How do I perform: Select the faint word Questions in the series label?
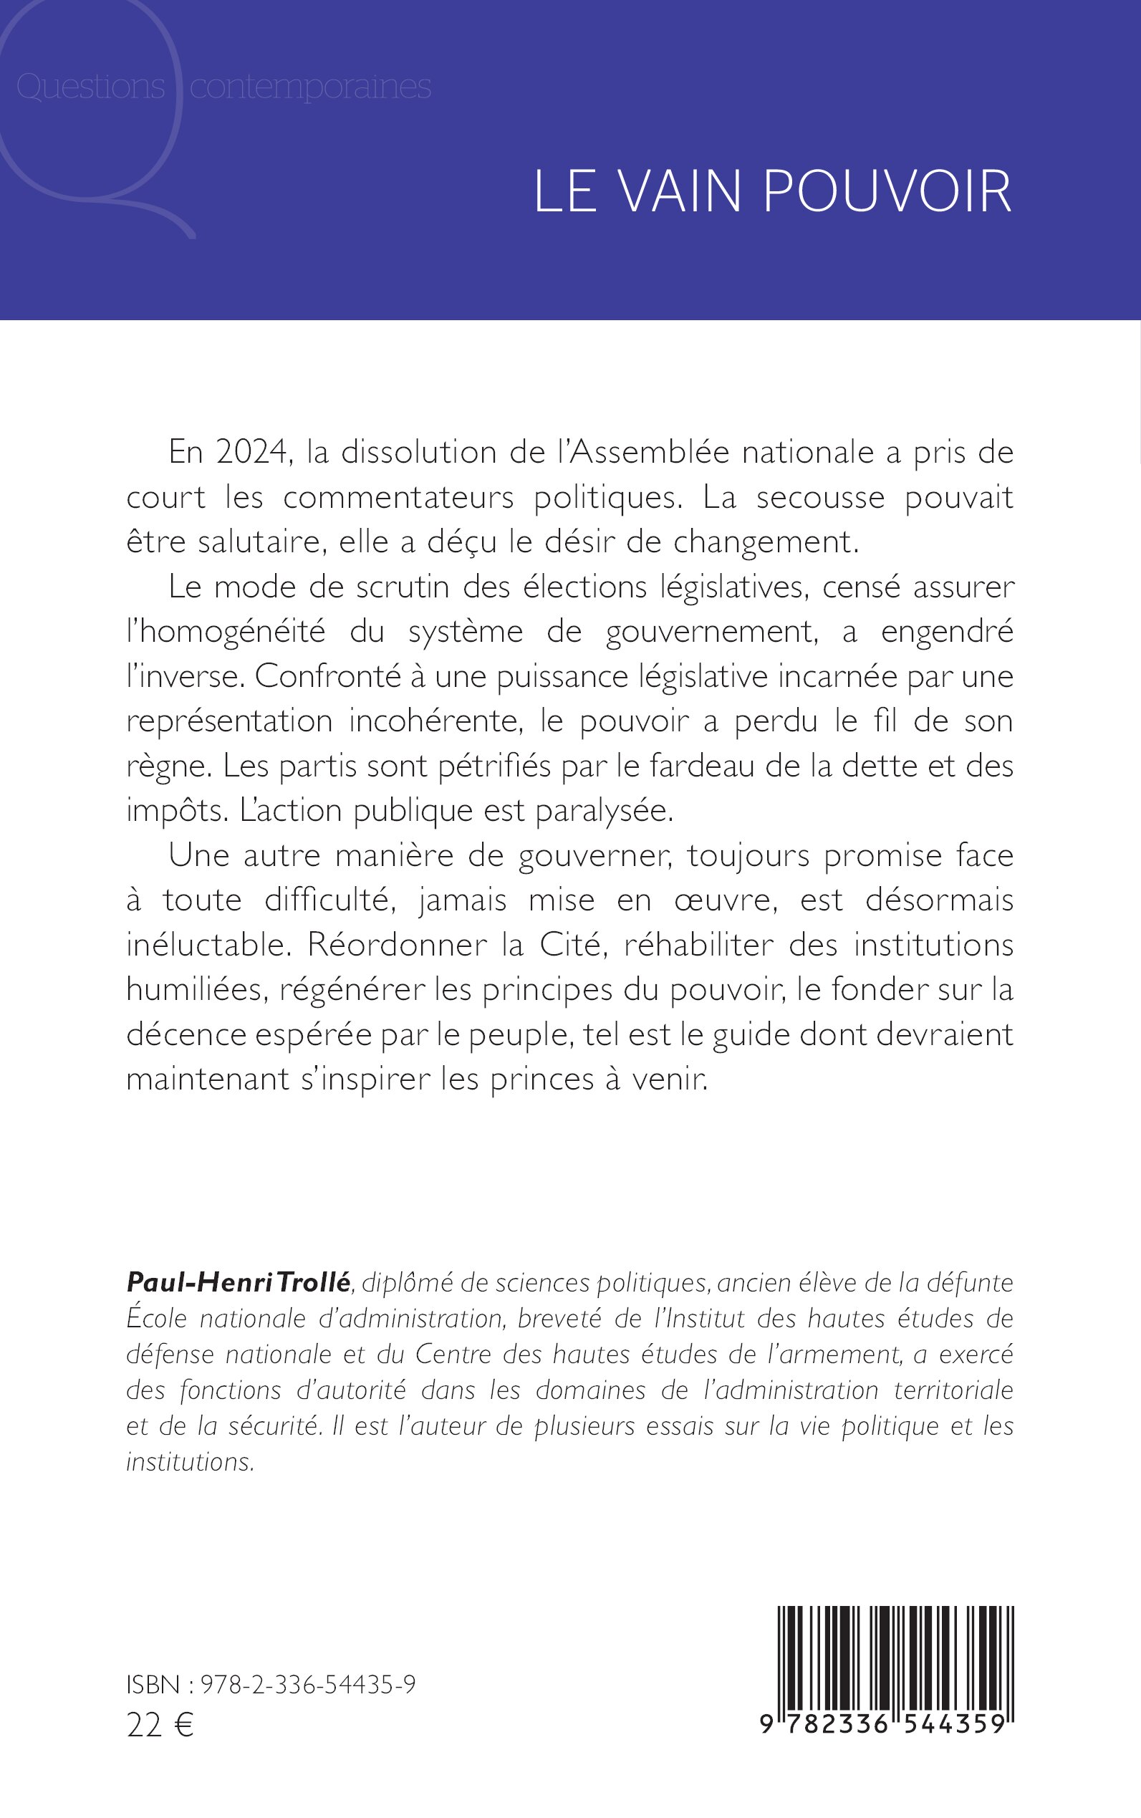click(90, 87)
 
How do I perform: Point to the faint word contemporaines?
click(310, 87)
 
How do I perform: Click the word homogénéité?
click(226, 632)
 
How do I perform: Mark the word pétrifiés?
click(495, 766)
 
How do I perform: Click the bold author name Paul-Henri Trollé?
click(239, 1282)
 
